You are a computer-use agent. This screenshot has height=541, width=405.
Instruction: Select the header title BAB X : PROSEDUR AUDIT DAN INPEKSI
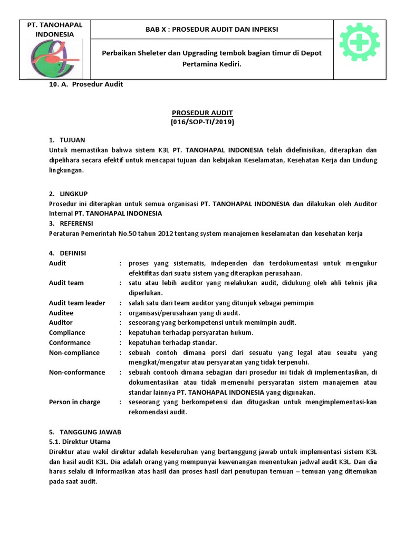tap(211, 30)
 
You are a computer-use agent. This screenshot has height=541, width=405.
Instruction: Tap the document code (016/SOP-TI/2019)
tap(202, 122)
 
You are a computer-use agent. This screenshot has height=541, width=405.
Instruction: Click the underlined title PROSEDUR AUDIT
tap(202, 113)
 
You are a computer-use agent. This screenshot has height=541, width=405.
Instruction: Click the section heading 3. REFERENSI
tap(71, 223)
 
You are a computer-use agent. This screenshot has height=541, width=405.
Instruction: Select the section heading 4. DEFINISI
tap(67, 253)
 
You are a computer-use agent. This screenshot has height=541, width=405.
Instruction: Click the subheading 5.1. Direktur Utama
tap(80, 441)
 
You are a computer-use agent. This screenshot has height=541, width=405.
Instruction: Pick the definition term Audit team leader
tap(77, 303)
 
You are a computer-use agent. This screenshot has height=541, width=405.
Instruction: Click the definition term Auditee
tap(61, 312)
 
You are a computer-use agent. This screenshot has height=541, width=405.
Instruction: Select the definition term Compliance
tap(67, 332)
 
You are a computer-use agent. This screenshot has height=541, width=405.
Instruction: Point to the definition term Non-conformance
tap(77, 372)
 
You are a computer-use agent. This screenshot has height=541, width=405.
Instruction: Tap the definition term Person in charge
tap(74, 402)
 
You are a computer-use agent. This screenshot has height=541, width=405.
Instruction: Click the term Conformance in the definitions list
tap(70, 342)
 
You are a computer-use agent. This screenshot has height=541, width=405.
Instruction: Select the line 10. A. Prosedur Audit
tap(85, 85)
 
